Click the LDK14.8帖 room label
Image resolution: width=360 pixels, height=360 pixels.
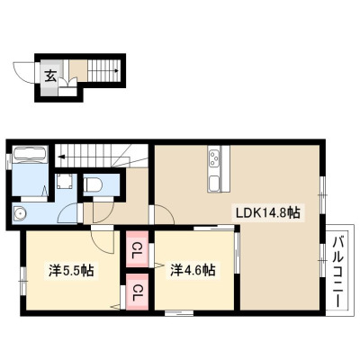click(x=268, y=212)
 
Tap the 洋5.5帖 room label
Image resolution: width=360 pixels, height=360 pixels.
click(x=71, y=271)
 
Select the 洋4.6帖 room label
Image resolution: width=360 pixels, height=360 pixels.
click(x=193, y=270)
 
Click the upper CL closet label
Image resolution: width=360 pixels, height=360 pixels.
click(x=138, y=248)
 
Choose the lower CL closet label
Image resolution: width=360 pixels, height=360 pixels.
click(x=138, y=292)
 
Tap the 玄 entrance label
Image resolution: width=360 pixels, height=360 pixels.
click(x=50, y=76)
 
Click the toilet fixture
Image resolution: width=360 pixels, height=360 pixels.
click(x=93, y=184)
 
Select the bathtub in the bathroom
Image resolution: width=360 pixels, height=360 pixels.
click(x=31, y=154)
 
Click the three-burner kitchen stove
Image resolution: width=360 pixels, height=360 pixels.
click(x=214, y=158)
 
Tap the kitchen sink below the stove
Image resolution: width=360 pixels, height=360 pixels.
click(x=214, y=183)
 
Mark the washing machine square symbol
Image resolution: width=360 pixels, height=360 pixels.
click(x=65, y=182)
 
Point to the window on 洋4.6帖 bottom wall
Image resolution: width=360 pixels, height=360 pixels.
click(x=179, y=313)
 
